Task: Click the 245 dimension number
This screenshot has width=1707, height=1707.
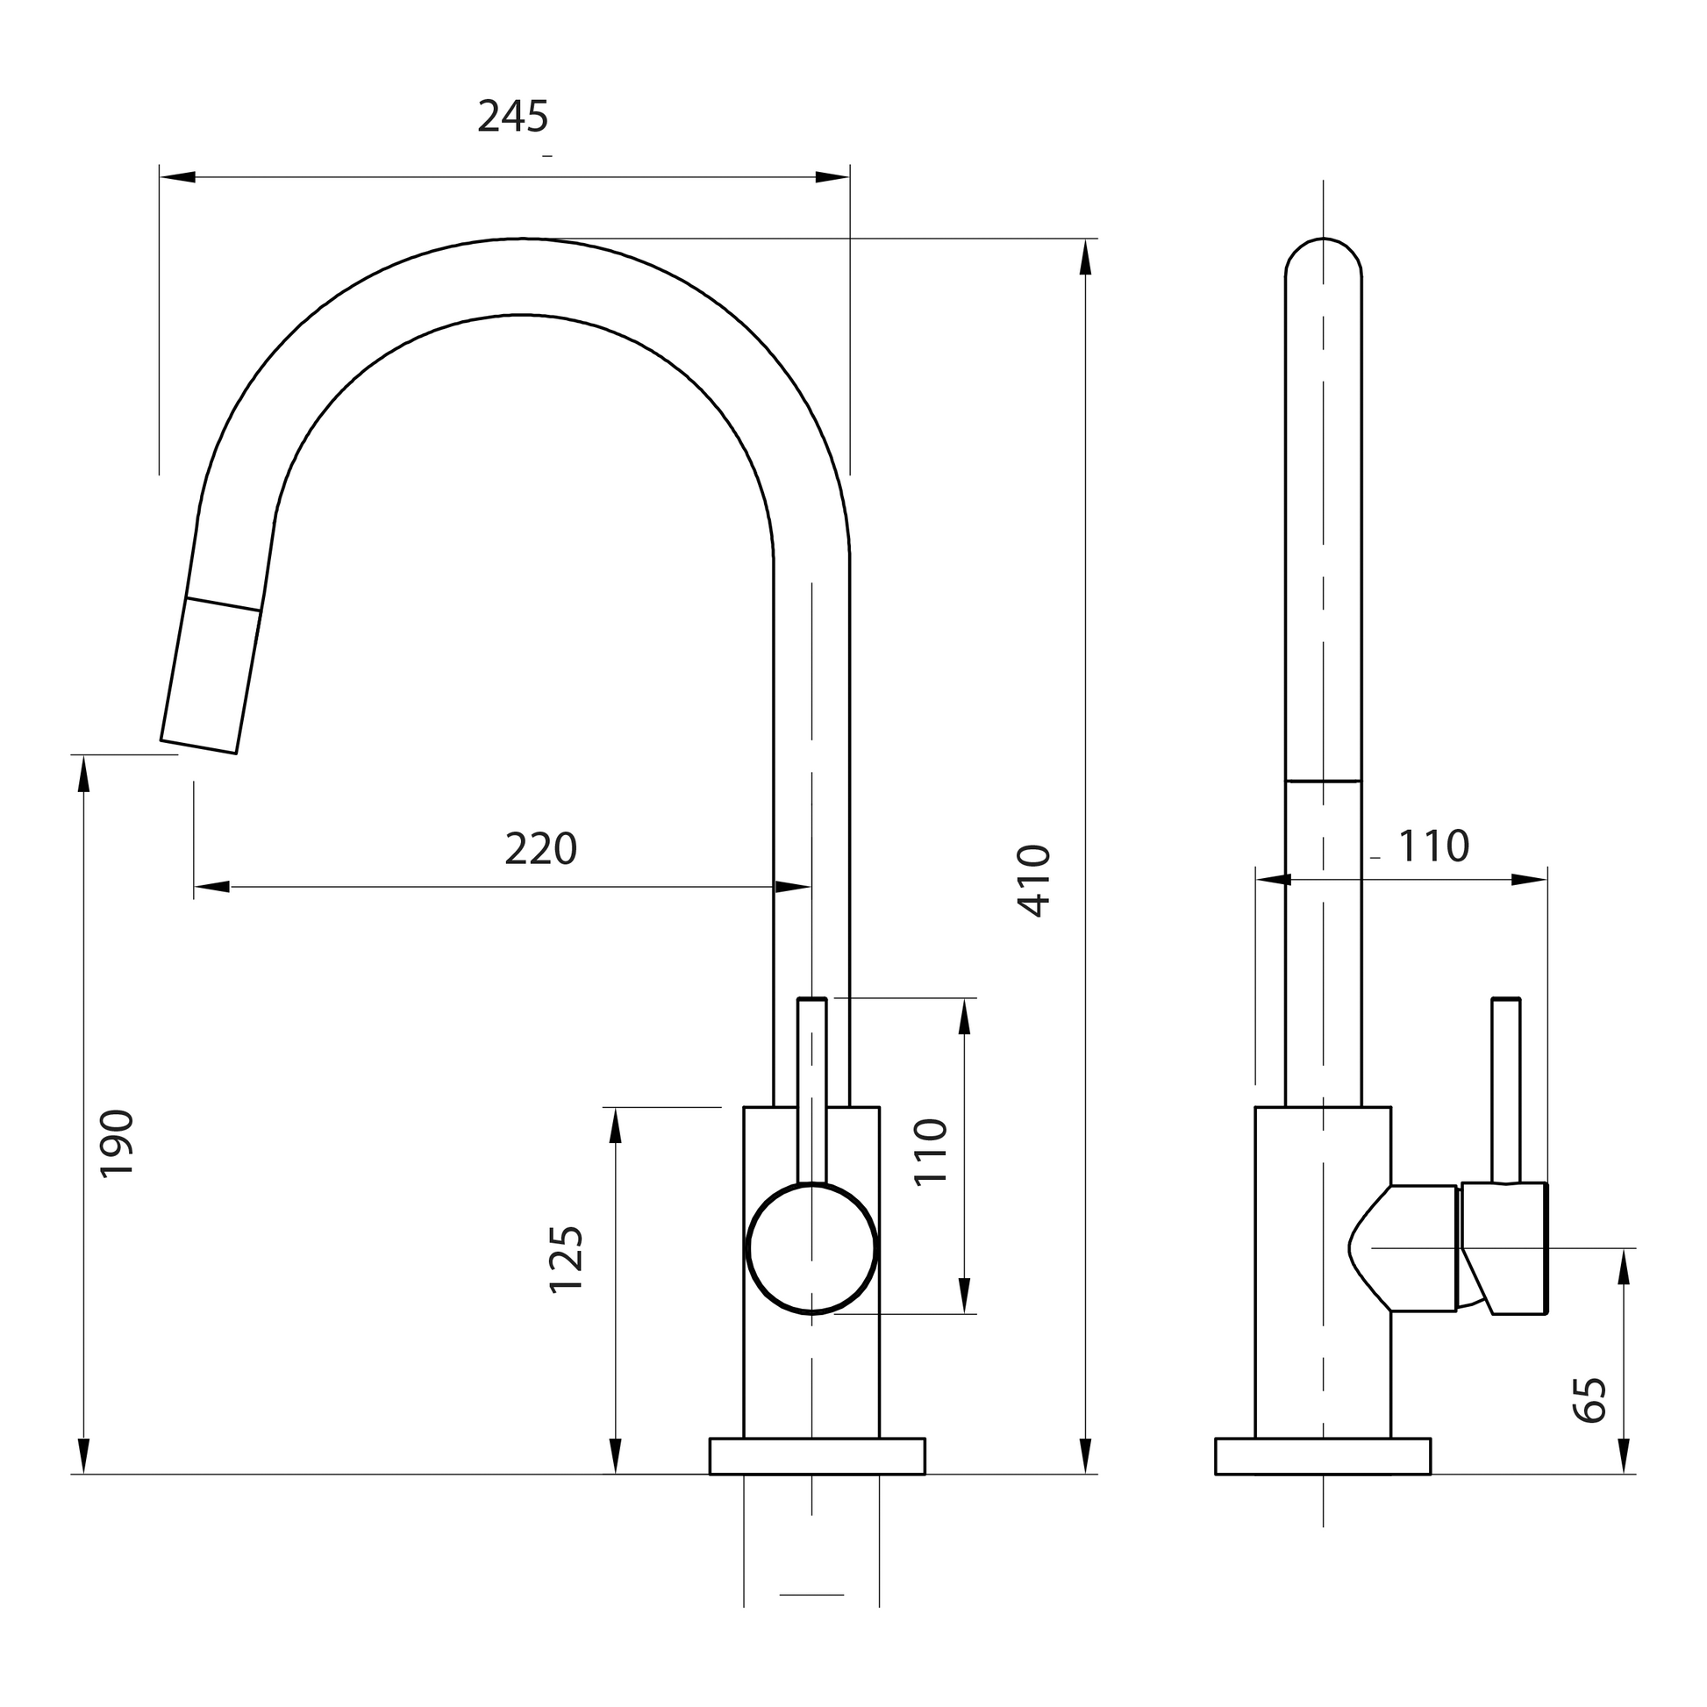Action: point(512,117)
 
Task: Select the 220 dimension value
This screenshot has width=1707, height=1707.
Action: point(540,849)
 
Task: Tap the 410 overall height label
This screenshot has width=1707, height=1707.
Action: point(1034,880)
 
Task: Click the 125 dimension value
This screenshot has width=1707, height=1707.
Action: point(567,1260)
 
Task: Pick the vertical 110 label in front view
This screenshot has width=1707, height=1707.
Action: point(931,1152)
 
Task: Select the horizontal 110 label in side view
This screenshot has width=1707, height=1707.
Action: point(1433,846)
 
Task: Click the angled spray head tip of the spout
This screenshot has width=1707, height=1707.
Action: point(211,681)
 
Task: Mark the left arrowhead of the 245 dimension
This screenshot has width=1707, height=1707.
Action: point(176,177)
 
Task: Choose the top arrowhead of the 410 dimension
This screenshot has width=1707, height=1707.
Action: point(1086,258)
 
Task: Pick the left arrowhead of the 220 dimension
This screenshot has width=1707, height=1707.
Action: point(212,886)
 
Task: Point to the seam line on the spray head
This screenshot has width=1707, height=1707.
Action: point(224,604)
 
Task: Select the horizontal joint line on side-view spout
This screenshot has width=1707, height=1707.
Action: point(1323,781)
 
